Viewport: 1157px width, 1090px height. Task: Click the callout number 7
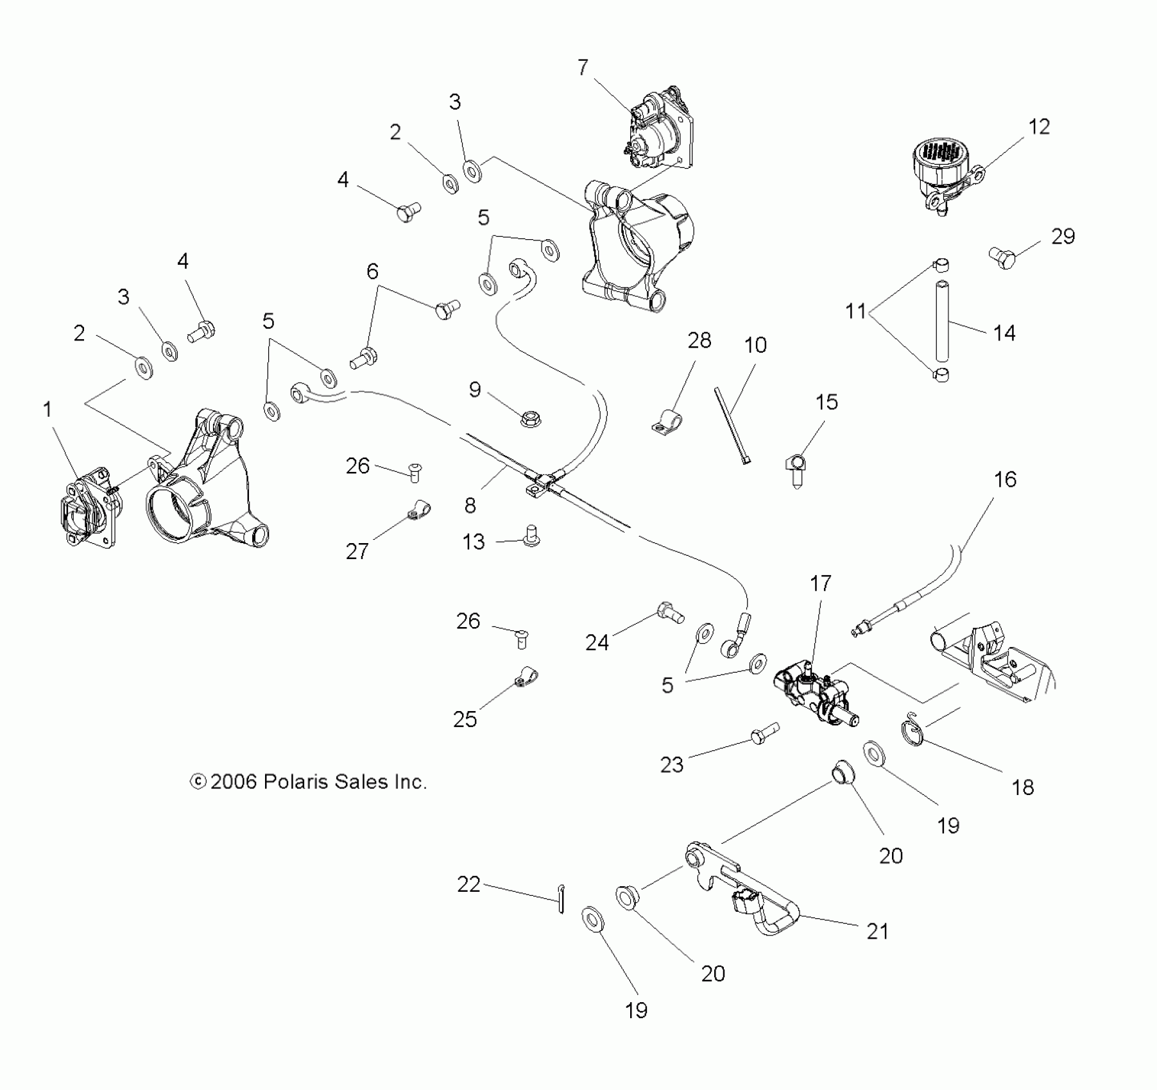point(583,67)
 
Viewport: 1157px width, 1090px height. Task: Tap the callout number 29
point(1063,237)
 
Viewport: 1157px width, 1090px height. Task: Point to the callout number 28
point(699,340)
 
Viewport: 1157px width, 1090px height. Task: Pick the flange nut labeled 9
point(530,420)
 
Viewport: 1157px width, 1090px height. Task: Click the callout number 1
point(47,409)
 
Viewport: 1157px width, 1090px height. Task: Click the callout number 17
point(820,583)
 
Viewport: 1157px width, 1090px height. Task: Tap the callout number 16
point(1005,480)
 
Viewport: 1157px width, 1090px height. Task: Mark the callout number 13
point(474,542)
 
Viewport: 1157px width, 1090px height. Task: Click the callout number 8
point(470,505)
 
